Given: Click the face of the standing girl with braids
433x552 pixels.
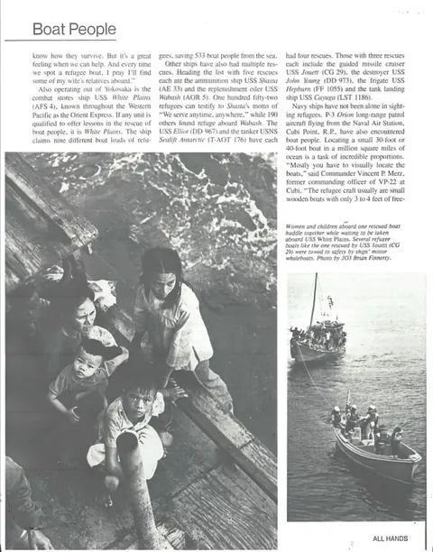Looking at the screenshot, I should (164, 276).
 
